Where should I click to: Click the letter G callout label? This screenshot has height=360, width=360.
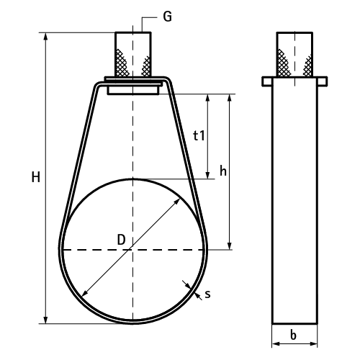point(167,17)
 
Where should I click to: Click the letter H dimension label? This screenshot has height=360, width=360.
point(36,177)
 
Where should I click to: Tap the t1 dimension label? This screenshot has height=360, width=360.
point(199,135)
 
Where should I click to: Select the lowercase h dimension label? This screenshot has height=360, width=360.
point(223,171)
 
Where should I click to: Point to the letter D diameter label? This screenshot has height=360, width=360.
point(122,240)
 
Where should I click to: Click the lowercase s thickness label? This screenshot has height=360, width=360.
point(207,294)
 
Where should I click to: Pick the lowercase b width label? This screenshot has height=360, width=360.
point(293,335)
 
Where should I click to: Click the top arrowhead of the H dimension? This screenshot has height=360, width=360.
point(45,37)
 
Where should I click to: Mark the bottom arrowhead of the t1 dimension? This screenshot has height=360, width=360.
point(208,175)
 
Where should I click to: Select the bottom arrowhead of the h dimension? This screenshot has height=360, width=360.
point(230,246)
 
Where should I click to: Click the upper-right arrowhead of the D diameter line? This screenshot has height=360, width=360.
point(177,202)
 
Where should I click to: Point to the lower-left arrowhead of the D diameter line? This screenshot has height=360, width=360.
point(85,293)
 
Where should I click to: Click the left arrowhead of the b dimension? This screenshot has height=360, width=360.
point(276,344)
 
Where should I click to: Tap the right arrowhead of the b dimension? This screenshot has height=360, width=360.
point(313,344)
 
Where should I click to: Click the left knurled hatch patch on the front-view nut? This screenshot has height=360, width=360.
point(122,63)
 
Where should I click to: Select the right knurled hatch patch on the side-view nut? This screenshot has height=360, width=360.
point(307,66)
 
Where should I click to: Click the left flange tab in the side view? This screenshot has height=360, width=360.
point(267,81)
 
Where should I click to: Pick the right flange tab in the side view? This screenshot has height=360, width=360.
point(322,81)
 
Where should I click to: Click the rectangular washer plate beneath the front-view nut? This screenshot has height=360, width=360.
point(133,90)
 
